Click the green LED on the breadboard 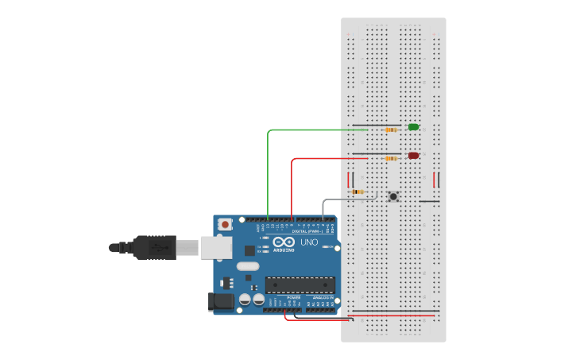pyautogui.click(x=413, y=127)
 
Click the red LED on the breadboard pyautogui.click(x=413, y=156)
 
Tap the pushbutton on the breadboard pyautogui.click(x=393, y=196)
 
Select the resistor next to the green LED pyautogui.click(x=390, y=130)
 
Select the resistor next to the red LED pyautogui.click(x=390, y=158)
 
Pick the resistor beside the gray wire pyautogui.click(x=358, y=192)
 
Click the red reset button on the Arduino pyautogui.click(x=226, y=225)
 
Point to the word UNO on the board pyautogui.click(x=309, y=242)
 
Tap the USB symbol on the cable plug pyautogui.click(x=160, y=248)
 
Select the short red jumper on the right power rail pyautogui.click(x=435, y=180)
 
